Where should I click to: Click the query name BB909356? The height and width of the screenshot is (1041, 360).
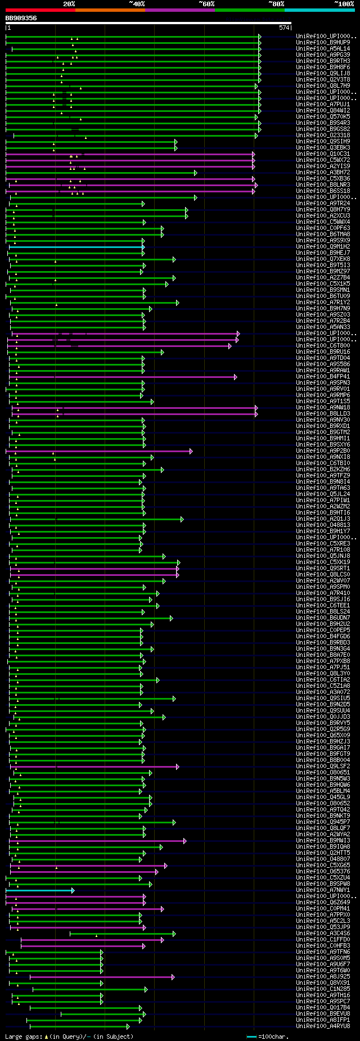(21, 18)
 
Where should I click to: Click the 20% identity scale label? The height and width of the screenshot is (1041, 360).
(69, 4)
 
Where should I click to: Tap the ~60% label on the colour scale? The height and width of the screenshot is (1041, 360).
(206, 4)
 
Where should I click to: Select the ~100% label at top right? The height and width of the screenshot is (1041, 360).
(344, 4)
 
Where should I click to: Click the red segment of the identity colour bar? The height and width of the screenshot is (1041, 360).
(40, 10)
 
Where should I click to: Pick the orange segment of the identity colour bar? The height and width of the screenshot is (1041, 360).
(110, 10)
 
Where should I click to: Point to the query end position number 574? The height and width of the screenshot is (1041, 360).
(284, 28)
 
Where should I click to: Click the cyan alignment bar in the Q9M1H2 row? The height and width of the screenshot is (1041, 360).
(76, 246)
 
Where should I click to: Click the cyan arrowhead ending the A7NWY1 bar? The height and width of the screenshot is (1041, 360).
(73, 890)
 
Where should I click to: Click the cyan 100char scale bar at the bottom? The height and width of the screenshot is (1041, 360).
(251, 1036)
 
